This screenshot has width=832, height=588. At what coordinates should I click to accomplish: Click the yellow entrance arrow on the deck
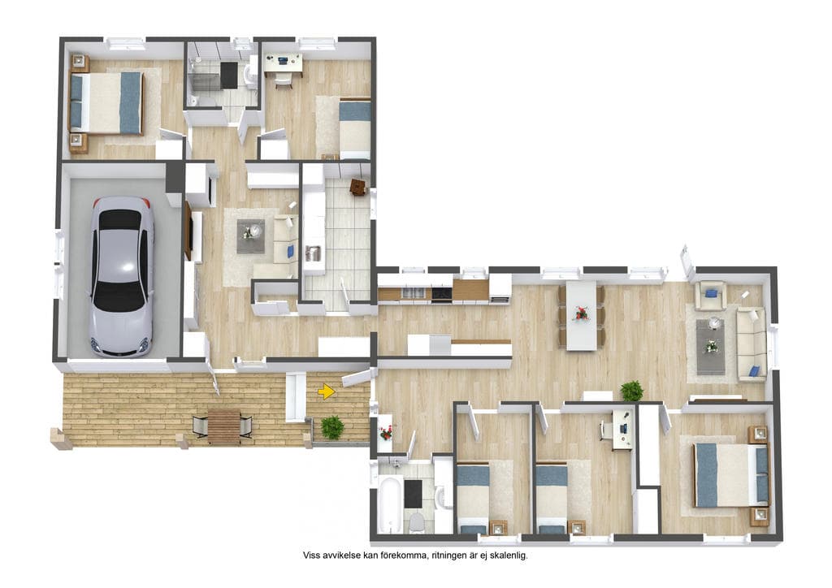point(327,391)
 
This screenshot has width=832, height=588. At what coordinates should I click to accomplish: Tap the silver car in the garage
point(122,276)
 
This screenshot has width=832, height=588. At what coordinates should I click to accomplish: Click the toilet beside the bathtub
point(417,522)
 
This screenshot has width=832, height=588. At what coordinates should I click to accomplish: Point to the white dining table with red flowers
point(582,315)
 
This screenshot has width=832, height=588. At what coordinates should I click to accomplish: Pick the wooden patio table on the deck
point(224,426)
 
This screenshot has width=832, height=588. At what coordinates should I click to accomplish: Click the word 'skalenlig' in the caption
point(508,556)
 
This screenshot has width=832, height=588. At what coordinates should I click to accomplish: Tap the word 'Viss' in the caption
point(311,556)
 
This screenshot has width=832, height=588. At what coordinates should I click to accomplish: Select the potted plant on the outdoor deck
point(332,427)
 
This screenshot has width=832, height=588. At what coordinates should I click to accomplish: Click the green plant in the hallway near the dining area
point(631,391)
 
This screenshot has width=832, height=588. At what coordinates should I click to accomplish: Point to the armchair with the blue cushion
point(711,295)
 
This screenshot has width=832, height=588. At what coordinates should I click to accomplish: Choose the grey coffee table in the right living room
point(711,346)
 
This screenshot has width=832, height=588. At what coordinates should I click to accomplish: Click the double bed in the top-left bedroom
point(107,103)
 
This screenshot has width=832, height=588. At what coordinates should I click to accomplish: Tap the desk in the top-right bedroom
point(284,63)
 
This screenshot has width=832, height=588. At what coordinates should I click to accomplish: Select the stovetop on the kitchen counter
point(441,293)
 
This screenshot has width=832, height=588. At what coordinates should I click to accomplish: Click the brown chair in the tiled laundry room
point(358,187)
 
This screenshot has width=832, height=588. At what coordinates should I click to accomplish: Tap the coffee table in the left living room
point(250,236)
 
